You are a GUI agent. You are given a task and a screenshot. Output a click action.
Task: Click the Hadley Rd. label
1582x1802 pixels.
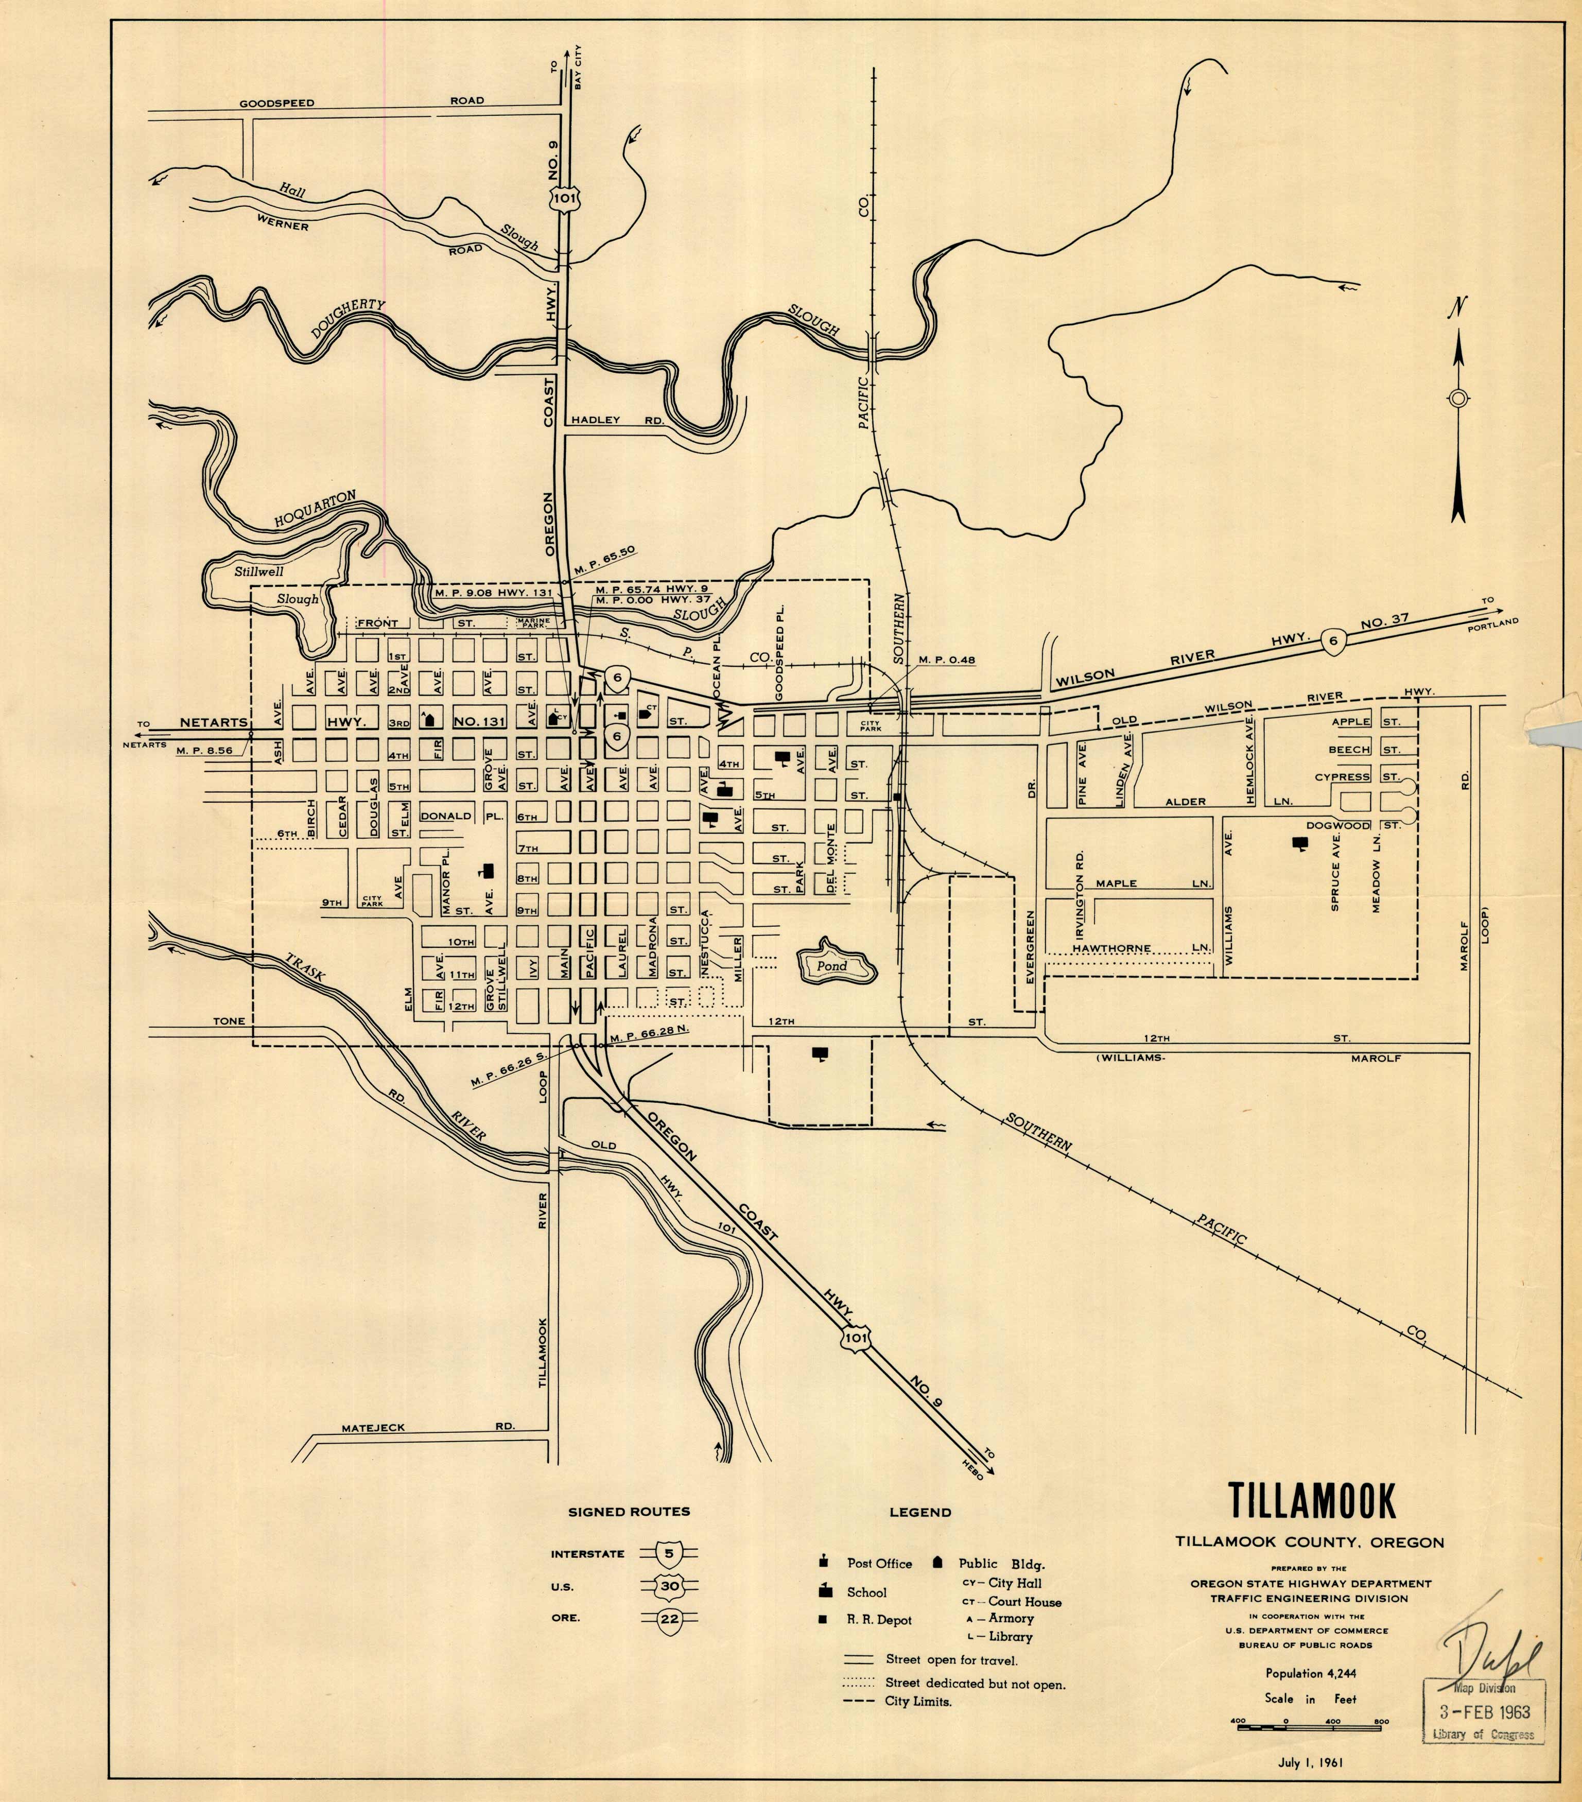(x=617, y=421)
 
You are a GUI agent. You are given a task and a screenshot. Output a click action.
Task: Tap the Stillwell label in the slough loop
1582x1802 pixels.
(x=259, y=571)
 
